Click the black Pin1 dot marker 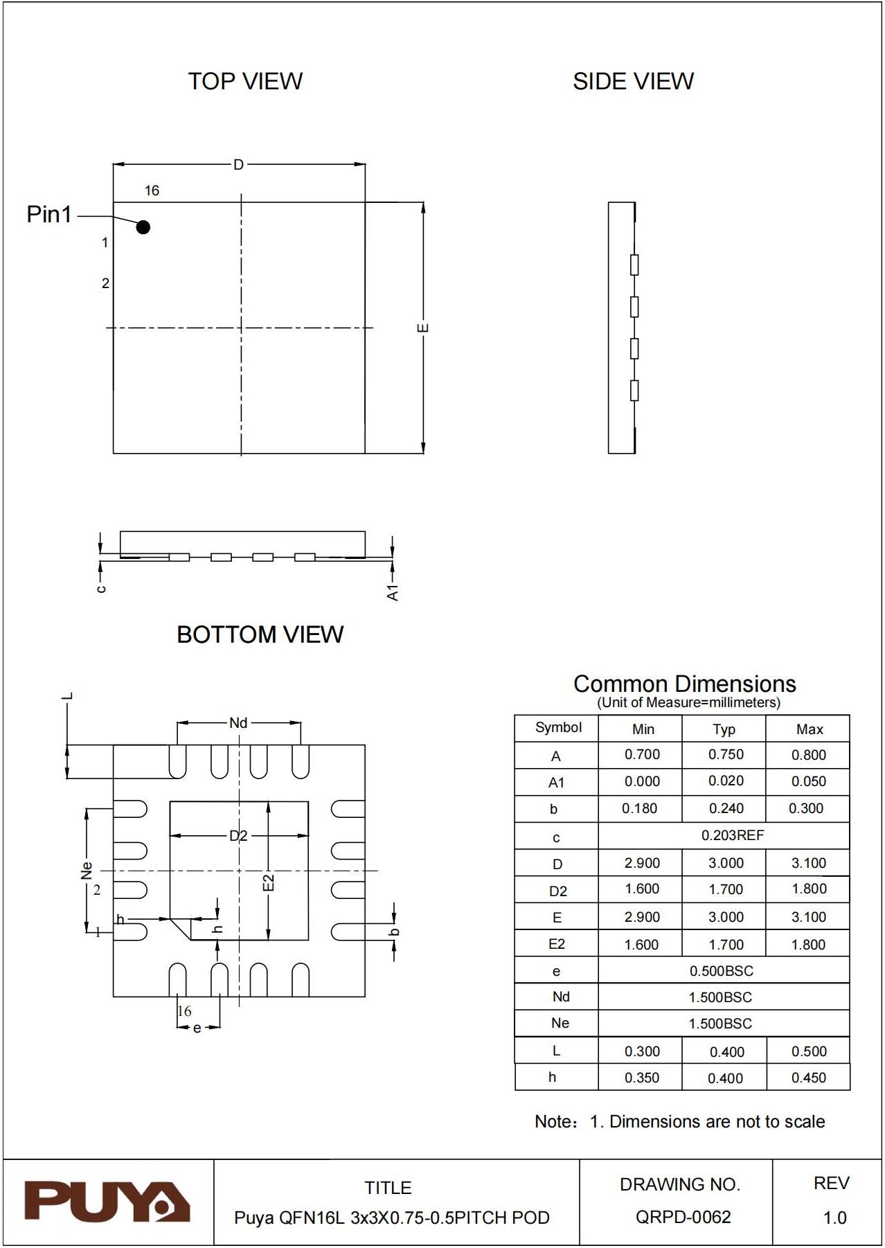pyautogui.click(x=143, y=226)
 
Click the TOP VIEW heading pyautogui.click(x=245, y=81)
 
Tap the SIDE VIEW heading pyautogui.click(x=633, y=81)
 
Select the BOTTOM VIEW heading pyautogui.click(x=260, y=634)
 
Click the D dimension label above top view pyautogui.click(x=238, y=165)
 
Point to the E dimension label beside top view pyautogui.click(x=423, y=328)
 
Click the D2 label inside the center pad pyautogui.click(x=238, y=836)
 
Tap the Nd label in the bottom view pyautogui.click(x=238, y=723)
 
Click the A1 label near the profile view pyautogui.click(x=393, y=593)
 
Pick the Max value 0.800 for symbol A pyautogui.click(x=808, y=755)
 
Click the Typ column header pyautogui.click(x=724, y=729)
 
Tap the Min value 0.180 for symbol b pyautogui.click(x=639, y=808)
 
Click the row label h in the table pyautogui.click(x=553, y=1077)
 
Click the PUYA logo pyautogui.click(x=107, y=1202)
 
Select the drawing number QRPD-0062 pyautogui.click(x=683, y=1217)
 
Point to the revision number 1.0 pyautogui.click(x=834, y=1218)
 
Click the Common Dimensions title pyautogui.click(x=684, y=684)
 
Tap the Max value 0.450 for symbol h pyautogui.click(x=808, y=1078)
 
